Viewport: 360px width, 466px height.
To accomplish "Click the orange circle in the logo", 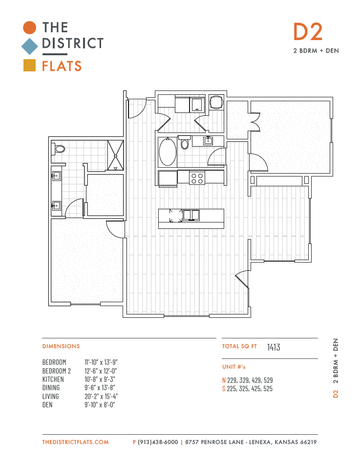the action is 30,28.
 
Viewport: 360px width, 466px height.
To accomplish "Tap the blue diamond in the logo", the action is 30,46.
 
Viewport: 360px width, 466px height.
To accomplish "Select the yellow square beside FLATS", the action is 30,66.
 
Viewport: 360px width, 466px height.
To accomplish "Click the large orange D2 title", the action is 308,32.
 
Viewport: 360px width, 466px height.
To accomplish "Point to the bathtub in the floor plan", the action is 168,152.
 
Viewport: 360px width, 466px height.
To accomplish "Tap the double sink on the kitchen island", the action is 191,215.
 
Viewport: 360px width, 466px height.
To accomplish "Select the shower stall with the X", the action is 115,155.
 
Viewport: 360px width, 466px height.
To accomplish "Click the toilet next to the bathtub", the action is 185,142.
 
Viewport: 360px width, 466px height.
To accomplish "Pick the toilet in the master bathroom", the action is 58,149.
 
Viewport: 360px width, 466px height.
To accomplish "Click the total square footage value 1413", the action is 274,347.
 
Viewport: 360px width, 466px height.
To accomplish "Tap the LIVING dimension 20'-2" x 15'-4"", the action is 101,397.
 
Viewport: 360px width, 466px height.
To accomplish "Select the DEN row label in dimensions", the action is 47,405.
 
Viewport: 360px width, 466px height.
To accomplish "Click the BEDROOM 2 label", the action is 57,371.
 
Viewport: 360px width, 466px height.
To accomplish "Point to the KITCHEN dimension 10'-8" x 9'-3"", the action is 100,379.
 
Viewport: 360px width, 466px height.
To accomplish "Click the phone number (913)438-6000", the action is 158,442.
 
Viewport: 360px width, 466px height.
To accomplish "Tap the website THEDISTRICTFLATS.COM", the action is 75,442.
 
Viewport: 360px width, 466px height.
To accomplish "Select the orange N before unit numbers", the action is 224,380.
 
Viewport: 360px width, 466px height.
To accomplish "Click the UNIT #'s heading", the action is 234,367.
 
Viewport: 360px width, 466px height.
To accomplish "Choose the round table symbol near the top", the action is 216,102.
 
